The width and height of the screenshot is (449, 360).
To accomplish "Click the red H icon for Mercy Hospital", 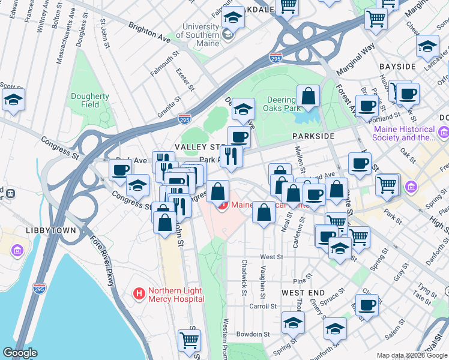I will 139,294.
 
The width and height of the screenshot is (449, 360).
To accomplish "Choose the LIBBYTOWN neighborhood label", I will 51,230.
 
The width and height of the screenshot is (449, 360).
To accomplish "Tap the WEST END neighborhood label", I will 303,292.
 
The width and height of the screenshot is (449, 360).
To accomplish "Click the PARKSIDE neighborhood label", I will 313,136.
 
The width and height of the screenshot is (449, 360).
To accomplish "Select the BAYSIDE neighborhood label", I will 397,65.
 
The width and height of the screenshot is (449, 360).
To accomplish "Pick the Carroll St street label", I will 262,305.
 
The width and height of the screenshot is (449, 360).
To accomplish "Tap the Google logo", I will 20,352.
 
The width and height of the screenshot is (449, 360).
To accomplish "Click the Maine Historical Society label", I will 404,133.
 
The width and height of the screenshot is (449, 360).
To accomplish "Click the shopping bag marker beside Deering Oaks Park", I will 308,96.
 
